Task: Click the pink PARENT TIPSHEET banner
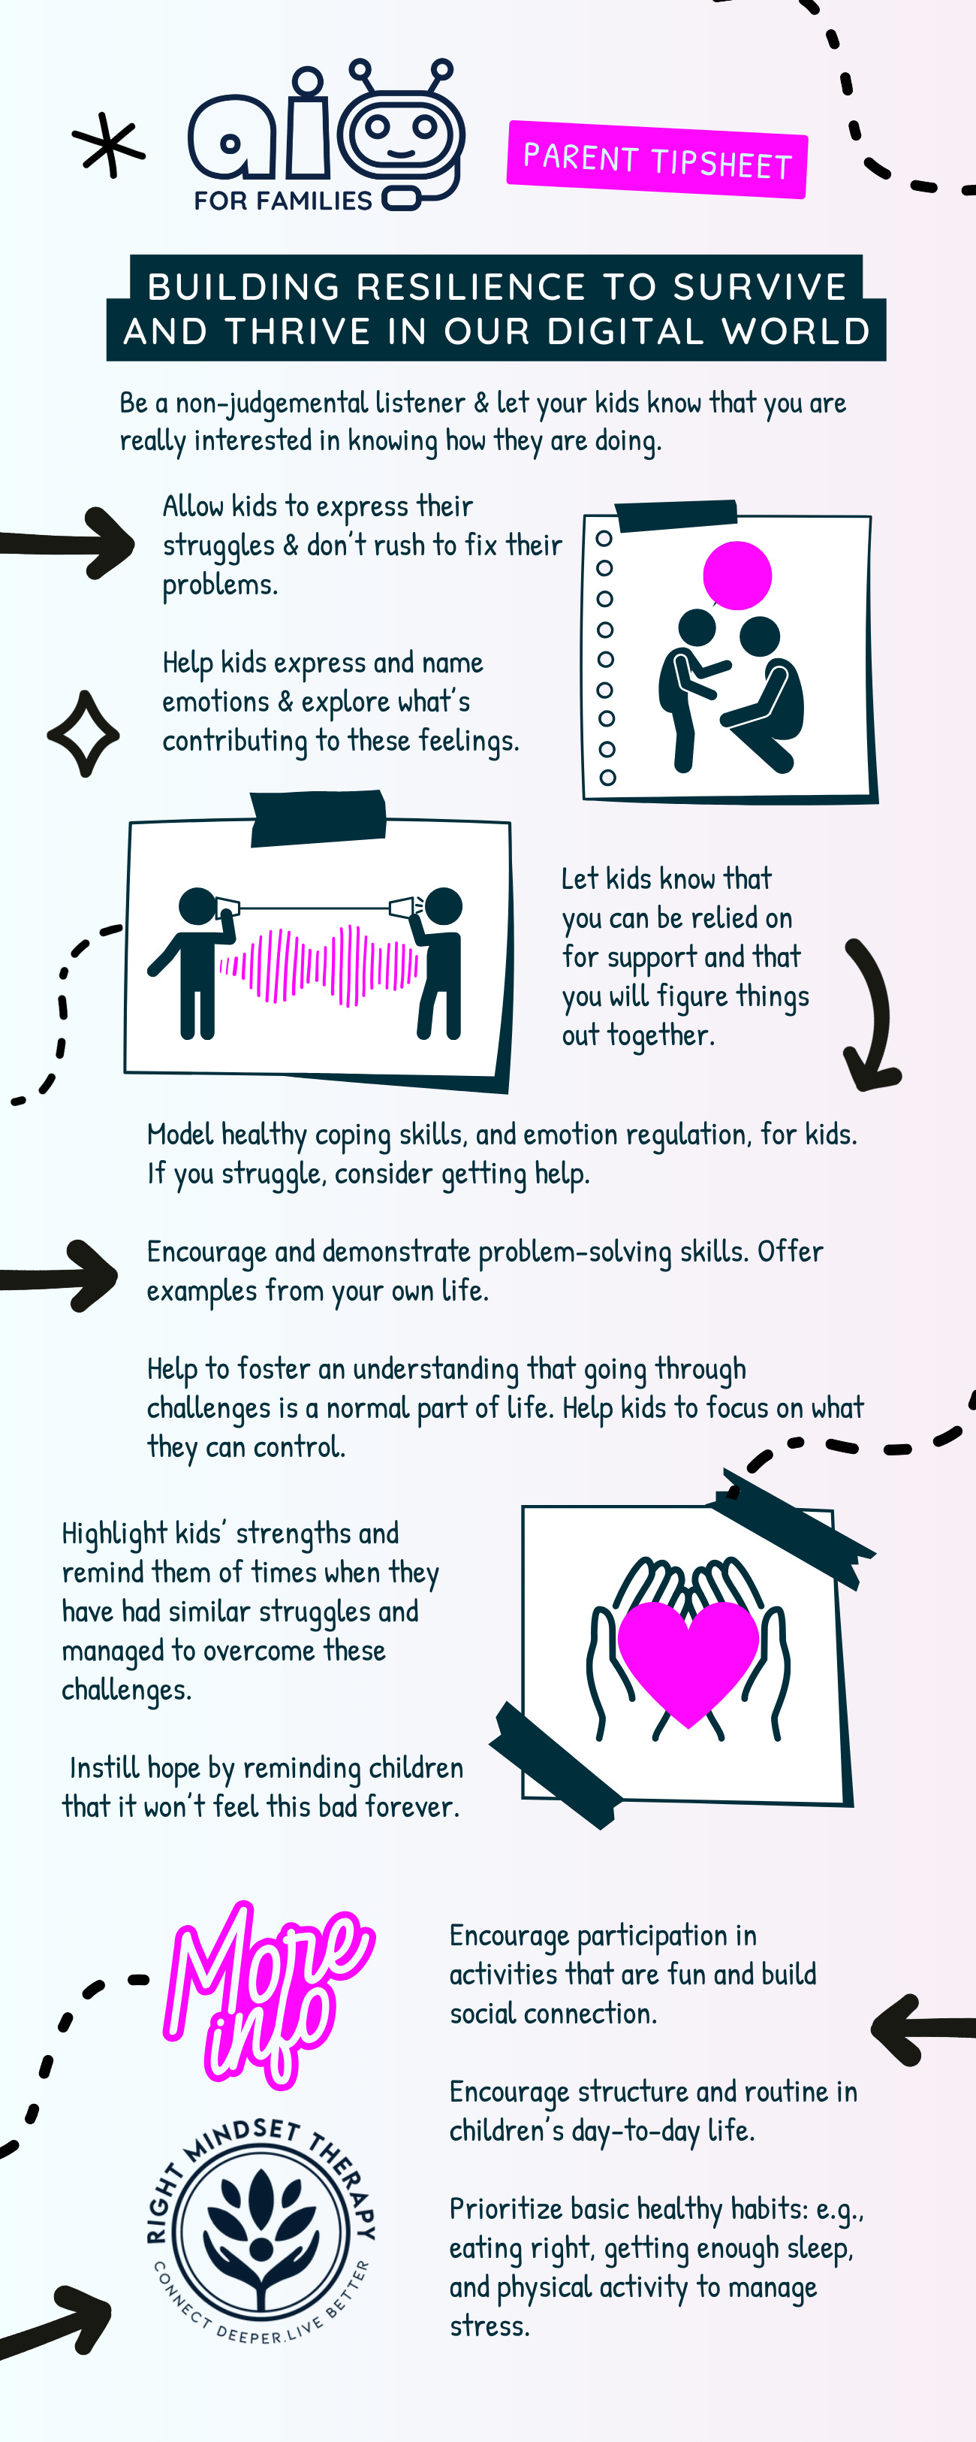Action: [x=657, y=160]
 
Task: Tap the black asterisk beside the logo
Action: [x=109, y=146]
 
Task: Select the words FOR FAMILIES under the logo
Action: [x=282, y=201]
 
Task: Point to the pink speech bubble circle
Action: [x=737, y=575]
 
